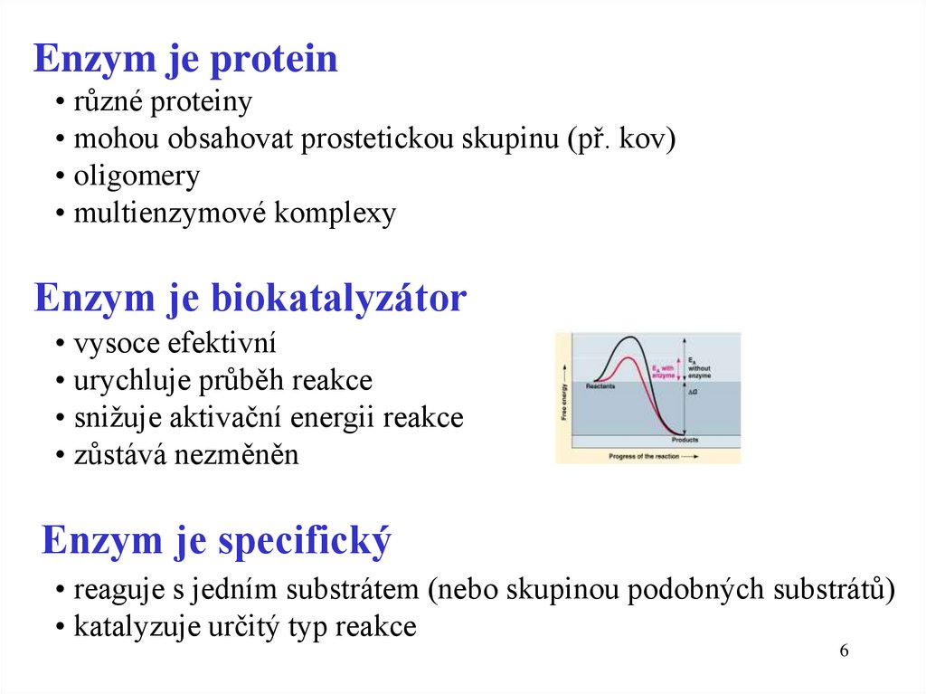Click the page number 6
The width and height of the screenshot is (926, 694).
(845, 652)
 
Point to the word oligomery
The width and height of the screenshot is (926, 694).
(137, 176)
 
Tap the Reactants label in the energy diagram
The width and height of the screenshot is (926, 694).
(600, 386)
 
